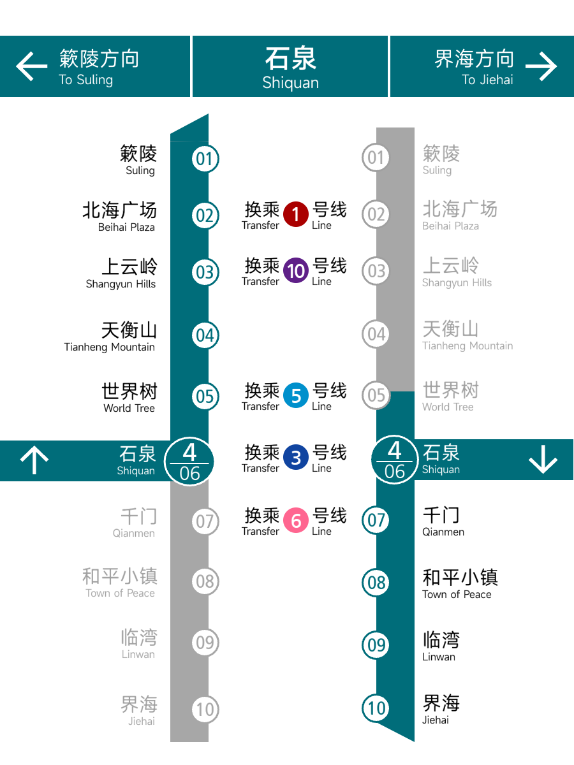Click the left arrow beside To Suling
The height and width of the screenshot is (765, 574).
coord(31,66)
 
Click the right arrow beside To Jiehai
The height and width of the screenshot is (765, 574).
coord(541,66)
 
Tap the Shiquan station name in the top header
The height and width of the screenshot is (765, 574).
coord(290,69)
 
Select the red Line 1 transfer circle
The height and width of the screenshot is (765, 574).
coord(296,214)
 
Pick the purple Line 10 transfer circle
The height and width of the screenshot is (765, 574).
coord(296,270)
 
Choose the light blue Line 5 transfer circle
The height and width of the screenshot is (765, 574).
coord(296,395)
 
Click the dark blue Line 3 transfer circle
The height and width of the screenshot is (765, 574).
coord(296,457)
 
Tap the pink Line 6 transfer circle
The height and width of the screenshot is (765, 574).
coord(296,520)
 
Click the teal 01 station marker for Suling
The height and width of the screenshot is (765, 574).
coord(205,159)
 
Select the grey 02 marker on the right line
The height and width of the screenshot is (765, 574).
coord(376,214)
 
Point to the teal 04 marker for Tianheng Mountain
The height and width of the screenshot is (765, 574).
coord(205,335)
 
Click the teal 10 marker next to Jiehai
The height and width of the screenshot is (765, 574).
coord(376,708)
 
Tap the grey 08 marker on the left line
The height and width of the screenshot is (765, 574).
coord(205,581)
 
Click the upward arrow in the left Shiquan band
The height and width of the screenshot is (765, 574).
coord(34,460)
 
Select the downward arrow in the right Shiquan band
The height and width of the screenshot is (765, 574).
coord(543,459)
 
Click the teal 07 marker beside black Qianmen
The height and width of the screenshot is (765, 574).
coord(376,520)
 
